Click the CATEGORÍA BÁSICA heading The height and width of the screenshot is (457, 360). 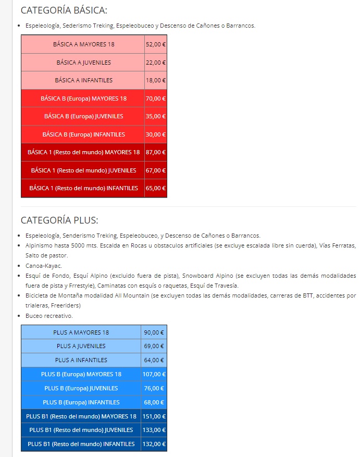pos(64,10)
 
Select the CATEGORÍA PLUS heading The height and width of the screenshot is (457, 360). pos(59,220)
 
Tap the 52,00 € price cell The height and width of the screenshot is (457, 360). pos(156,44)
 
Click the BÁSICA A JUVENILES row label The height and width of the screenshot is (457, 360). pos(83,63)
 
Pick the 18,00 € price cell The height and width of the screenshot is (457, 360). pos(156,80)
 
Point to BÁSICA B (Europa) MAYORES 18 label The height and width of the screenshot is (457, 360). pos(83,98)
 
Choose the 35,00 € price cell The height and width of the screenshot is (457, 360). pos(156,116)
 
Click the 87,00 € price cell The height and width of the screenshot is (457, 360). pos(156,152)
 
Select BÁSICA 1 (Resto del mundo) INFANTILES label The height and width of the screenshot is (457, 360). pos(83,188)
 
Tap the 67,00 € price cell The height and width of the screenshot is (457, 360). pos(156,170)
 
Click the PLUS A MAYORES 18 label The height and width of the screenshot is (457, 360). pos(81,332)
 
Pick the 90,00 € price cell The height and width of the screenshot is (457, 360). pos(154,332)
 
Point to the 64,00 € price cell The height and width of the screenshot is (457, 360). pos(154,360)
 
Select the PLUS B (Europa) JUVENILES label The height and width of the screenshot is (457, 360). pos(81,388)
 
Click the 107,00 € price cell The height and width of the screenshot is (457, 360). pos(154,374)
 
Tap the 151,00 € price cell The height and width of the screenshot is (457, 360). pos(154,416)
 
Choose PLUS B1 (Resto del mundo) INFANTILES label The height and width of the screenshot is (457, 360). pos(81,444)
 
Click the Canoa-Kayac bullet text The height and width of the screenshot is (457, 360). pos(44,266)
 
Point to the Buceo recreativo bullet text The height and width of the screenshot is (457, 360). pos(49,316)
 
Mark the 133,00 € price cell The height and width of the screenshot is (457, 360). pos(154,430)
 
